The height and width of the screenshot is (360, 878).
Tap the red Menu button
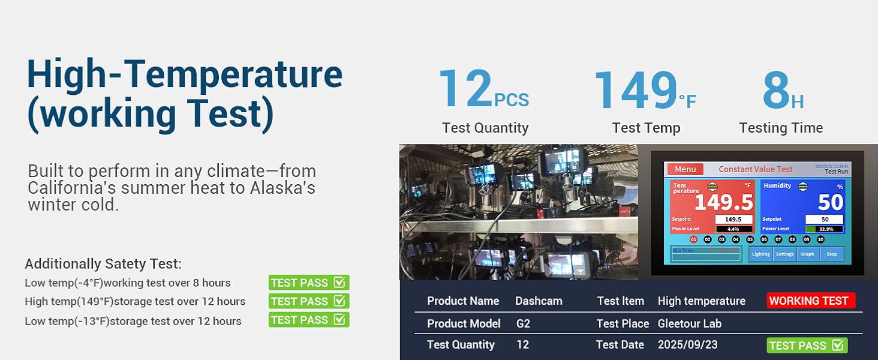tap(685, 169)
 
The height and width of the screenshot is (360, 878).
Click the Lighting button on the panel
tap(760, 254)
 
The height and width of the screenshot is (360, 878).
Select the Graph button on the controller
tap(807, 254)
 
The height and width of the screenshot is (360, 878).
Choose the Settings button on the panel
tap(784, 254)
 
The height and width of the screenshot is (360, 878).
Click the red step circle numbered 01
tap(693, 239)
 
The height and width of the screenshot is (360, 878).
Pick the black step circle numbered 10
tap(820, 239)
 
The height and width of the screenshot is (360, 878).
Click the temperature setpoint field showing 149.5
tap(733, 220)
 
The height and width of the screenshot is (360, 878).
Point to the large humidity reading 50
tap(831, 203)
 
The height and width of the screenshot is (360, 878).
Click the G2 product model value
tap(524, 323)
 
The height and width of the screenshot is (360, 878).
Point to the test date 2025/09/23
tap(687, 345)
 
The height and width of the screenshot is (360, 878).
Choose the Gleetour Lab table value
tap(689, 323)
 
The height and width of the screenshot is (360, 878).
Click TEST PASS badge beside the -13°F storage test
tap(308, 320)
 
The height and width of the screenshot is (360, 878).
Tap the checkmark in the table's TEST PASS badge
tap(838, 345)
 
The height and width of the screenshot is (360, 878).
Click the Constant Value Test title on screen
tap(755, 169)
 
